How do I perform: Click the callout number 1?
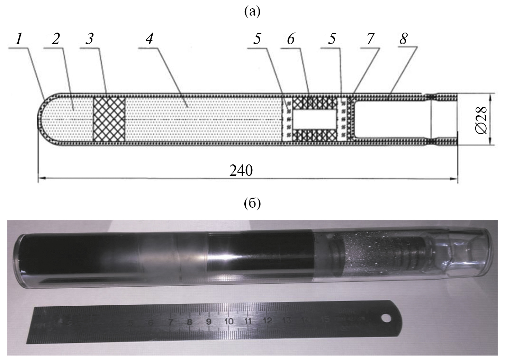pyautogui.click(x=19, y=39)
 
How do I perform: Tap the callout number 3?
pyautogui.click(x=90, y=39)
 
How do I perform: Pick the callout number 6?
pyautogui.click(x=290, y=39)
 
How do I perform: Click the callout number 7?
pyautogui.click(x=370, y=39)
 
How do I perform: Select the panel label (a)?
pyautogui.click(x=252, y=12)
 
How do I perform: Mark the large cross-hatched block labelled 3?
pyautogui.click(x=109, y=119)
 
